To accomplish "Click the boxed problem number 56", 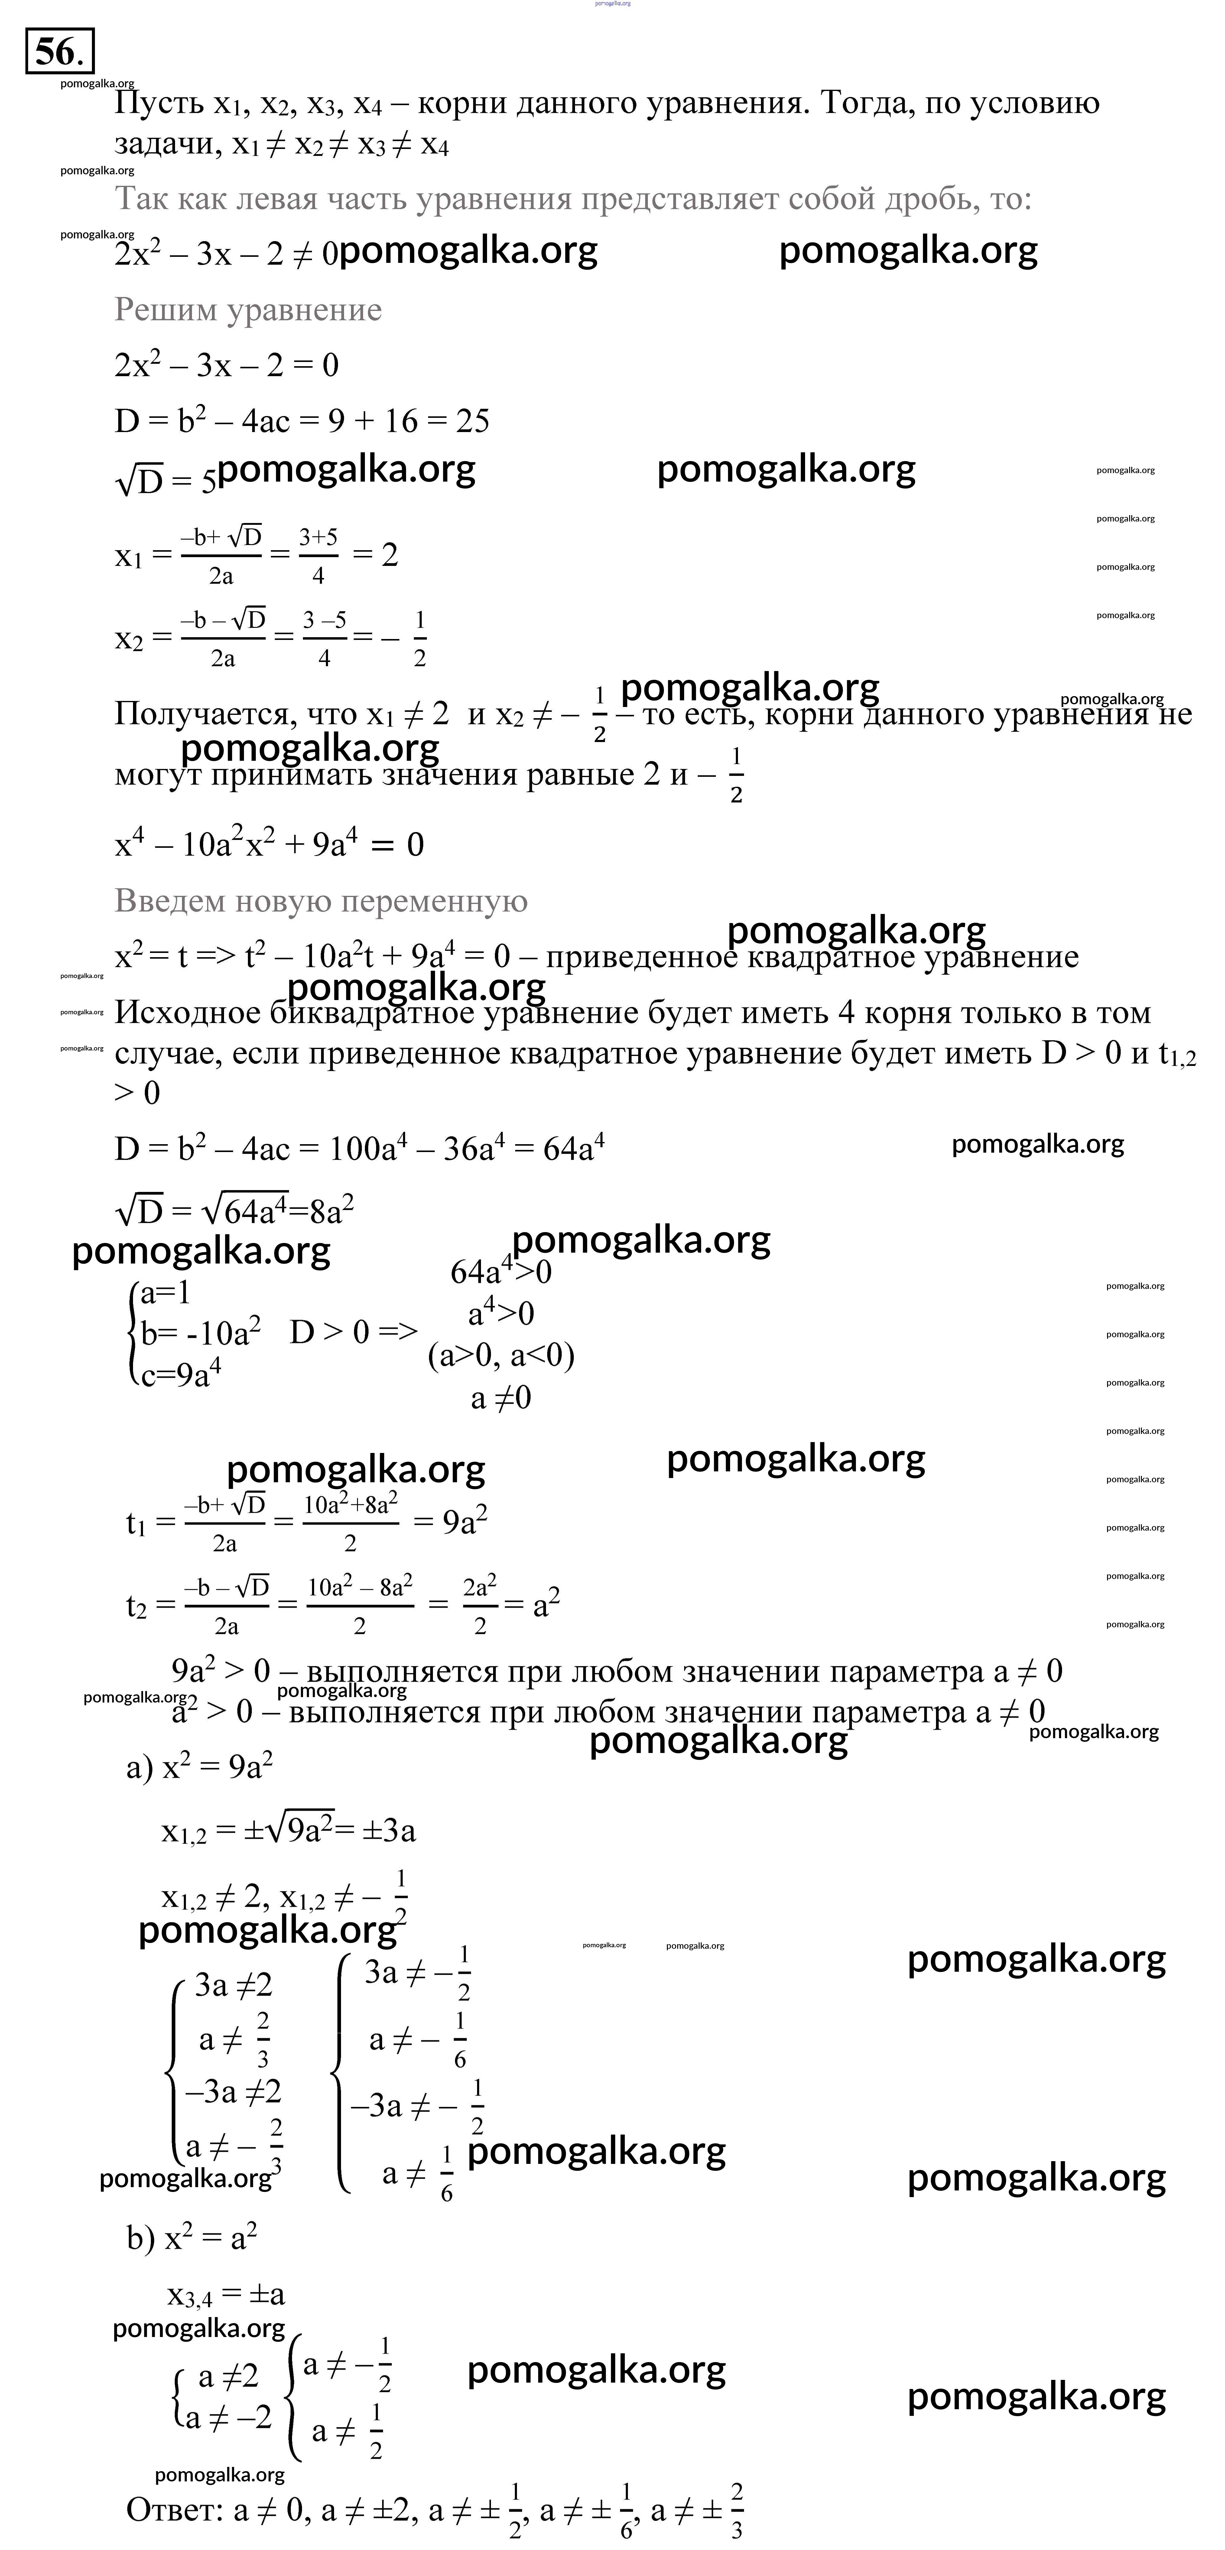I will point(60,51).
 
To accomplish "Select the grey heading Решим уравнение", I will point(248,310).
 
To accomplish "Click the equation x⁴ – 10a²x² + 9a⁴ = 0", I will point(269,844).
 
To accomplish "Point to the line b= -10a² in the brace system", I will point(200,1333).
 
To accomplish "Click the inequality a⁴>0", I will point(501,1314).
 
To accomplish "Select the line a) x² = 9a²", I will point(199,1767).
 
